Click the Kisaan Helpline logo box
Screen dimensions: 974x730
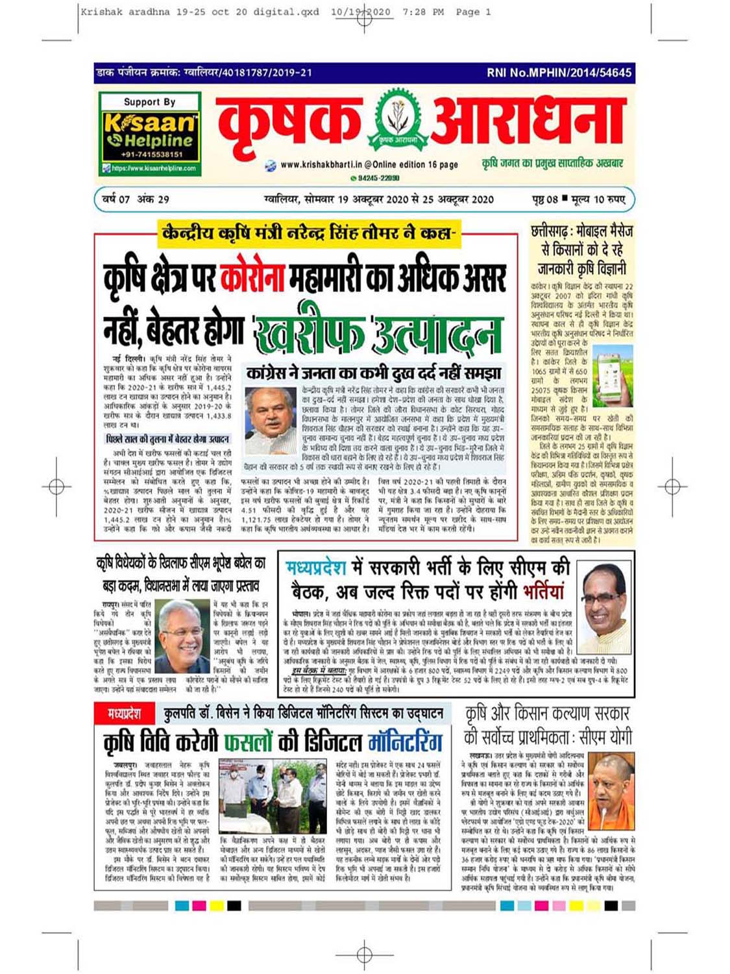click(150, 134)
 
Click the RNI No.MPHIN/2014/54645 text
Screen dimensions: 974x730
click(559, 73)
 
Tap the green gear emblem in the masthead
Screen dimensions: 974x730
click(395, 119)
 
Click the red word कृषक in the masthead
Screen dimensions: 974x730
click(290, 121)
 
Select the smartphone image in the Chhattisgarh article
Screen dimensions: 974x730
click(613, 373)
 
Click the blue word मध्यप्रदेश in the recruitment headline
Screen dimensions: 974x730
click(316, 568)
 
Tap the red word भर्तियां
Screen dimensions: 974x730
click(535, 591)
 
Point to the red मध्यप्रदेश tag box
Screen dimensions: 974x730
click(124, 714)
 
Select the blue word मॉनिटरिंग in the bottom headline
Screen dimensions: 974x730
click(396, 742)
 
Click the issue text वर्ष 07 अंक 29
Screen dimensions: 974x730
click(136, 199)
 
